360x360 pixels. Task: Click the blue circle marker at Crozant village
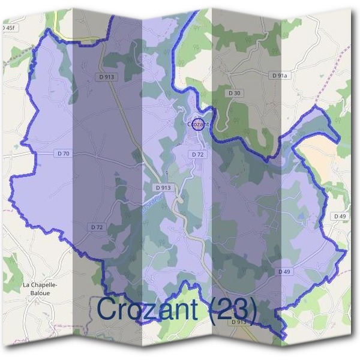coord(199,124)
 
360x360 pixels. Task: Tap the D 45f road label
coord(8,28)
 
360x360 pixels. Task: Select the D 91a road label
coord(280,76)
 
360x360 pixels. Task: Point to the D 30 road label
coord(235,93)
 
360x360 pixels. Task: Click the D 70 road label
coord(64,154)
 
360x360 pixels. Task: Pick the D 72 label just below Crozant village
coord(198,154)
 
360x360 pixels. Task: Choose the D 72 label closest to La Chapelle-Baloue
coord(97,227)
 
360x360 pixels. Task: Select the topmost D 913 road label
coord(109,77)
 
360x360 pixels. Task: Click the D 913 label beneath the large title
coord(239,322)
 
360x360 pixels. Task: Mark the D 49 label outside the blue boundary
coord(339,216)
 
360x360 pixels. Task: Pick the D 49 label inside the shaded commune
coord(284,272)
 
